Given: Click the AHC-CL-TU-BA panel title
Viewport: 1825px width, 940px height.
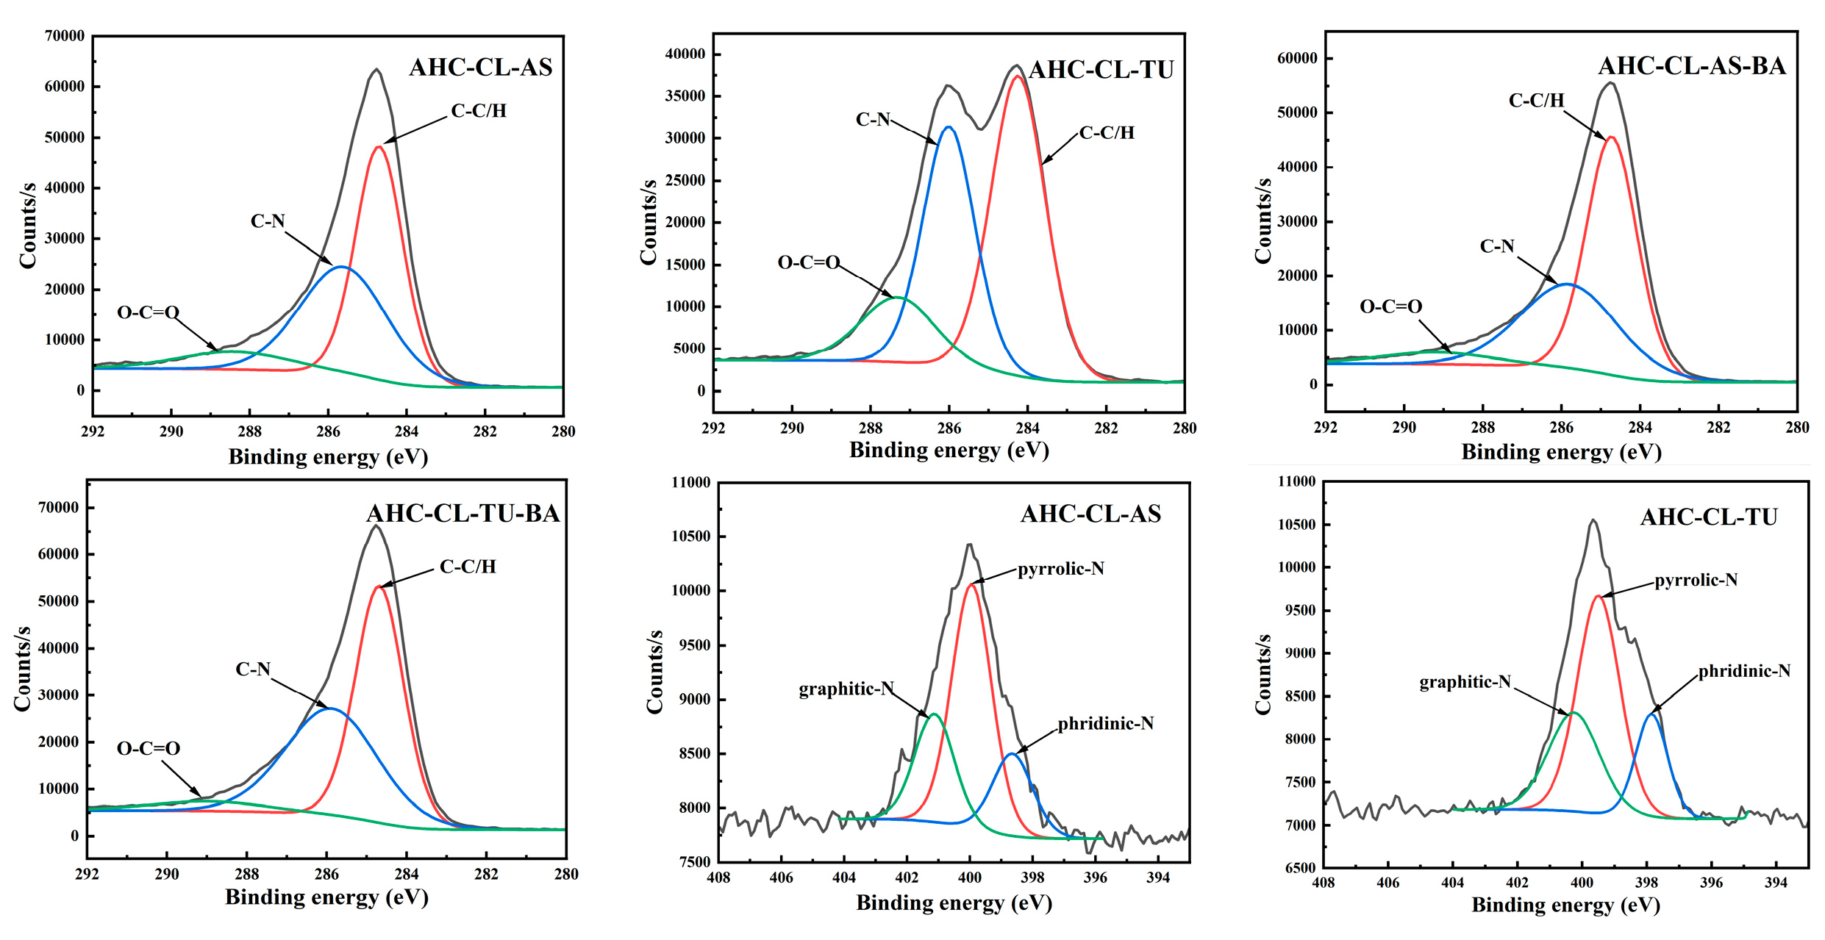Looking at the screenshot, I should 463,513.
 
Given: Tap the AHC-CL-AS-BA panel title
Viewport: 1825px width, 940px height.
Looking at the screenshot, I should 1691,66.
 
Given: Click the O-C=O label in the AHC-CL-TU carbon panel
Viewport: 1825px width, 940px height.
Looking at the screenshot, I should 808,262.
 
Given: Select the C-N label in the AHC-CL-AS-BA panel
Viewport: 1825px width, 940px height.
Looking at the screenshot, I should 1496,246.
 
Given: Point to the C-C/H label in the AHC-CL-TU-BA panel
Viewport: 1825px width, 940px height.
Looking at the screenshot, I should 468,567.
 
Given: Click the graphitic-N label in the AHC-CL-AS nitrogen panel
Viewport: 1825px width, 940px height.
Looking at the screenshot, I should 846,689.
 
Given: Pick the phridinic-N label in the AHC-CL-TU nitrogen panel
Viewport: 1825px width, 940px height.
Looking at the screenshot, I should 1743,671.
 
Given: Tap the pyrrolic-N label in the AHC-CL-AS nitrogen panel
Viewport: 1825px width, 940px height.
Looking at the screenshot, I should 1060,569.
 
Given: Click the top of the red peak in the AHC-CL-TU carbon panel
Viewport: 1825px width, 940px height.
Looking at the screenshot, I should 1017,76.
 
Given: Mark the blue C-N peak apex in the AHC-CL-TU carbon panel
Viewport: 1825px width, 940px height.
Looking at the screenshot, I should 949,127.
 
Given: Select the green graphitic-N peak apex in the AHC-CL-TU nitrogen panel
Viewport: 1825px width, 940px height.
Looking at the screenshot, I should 1574,712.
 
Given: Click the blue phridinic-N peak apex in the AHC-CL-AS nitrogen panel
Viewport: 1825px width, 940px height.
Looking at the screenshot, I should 1012,753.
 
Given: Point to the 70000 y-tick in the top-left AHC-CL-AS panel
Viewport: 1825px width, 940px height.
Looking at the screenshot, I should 65,35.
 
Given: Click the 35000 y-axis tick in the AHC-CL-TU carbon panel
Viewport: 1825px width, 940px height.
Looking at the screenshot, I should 685,96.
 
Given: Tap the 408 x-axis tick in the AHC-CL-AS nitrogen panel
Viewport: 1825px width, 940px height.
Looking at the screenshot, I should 718,878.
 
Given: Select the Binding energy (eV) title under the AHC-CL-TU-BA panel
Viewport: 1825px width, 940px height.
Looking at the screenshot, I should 326,897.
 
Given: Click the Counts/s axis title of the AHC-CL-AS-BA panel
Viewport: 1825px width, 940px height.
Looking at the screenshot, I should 1262,220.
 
